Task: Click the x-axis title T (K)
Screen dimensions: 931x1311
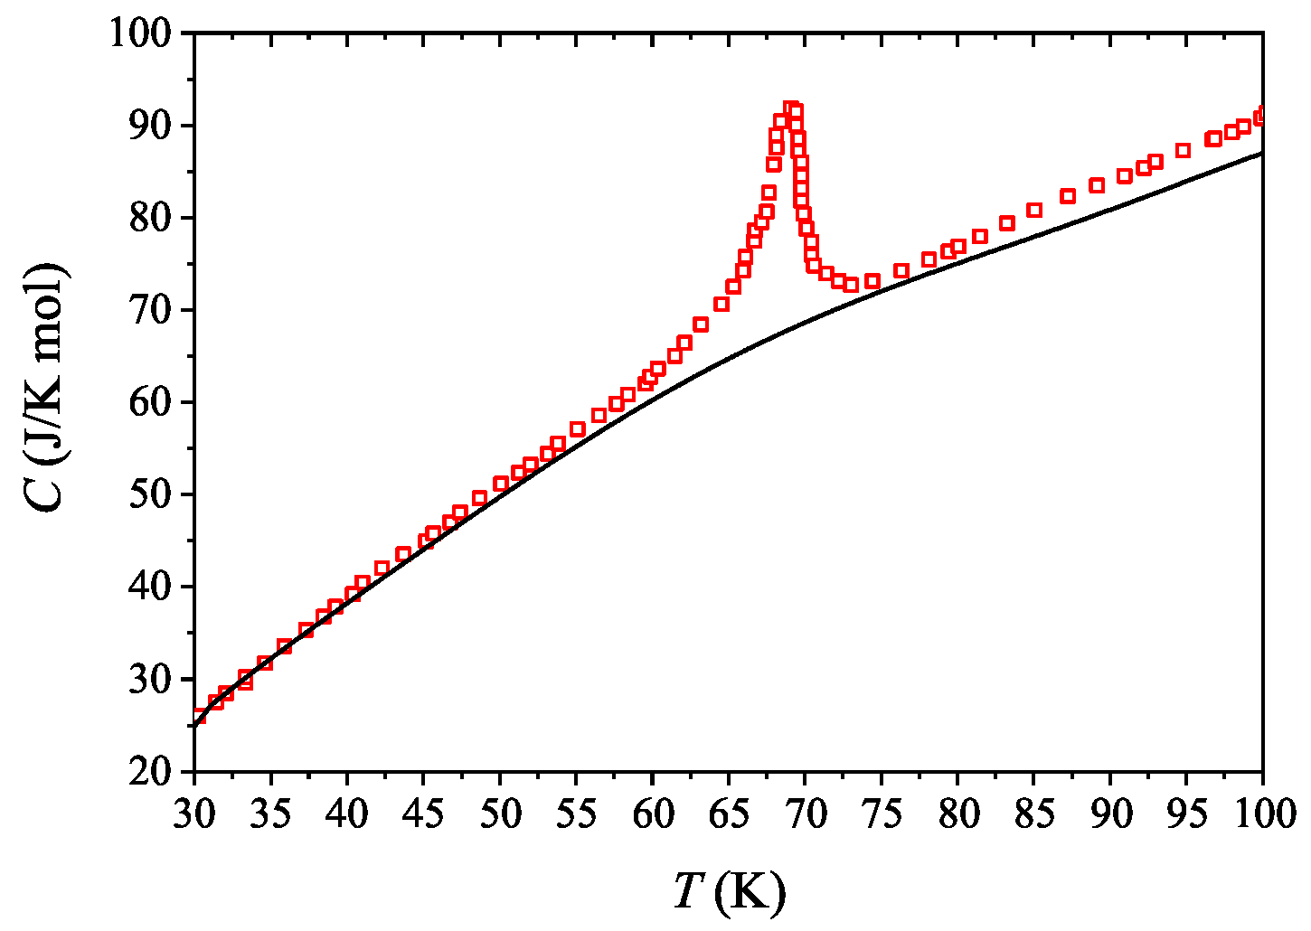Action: [x=729, y=894]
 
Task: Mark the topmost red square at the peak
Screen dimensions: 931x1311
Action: [x=791, y=108]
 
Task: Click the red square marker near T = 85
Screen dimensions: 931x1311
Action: [x=1034, y=210]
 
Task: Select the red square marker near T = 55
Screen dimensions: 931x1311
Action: [x=577, y=428]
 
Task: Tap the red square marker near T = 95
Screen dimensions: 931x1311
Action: [x=1183, y=150]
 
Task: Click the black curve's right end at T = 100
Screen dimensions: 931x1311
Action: [x=1262, y=153]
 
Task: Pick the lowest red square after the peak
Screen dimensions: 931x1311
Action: [x=851, y=285]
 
